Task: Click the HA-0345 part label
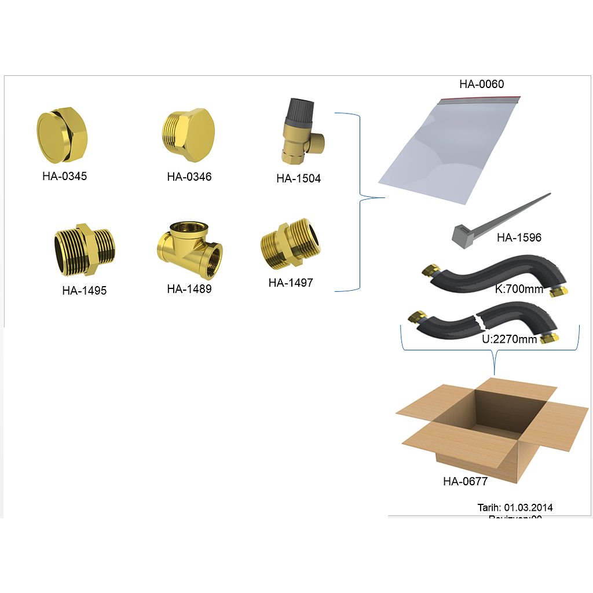(64, 176)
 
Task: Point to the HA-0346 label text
(189, 177)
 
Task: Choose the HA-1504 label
(298, 179)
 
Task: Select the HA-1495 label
(85, 291)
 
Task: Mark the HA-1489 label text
(189, 289)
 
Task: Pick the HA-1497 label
(291, 283)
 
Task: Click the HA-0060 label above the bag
(482, 84)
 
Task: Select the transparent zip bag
(446, 151)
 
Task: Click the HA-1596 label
(519, 238)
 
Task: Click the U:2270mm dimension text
(510, 339)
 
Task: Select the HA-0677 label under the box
(465, 481)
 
